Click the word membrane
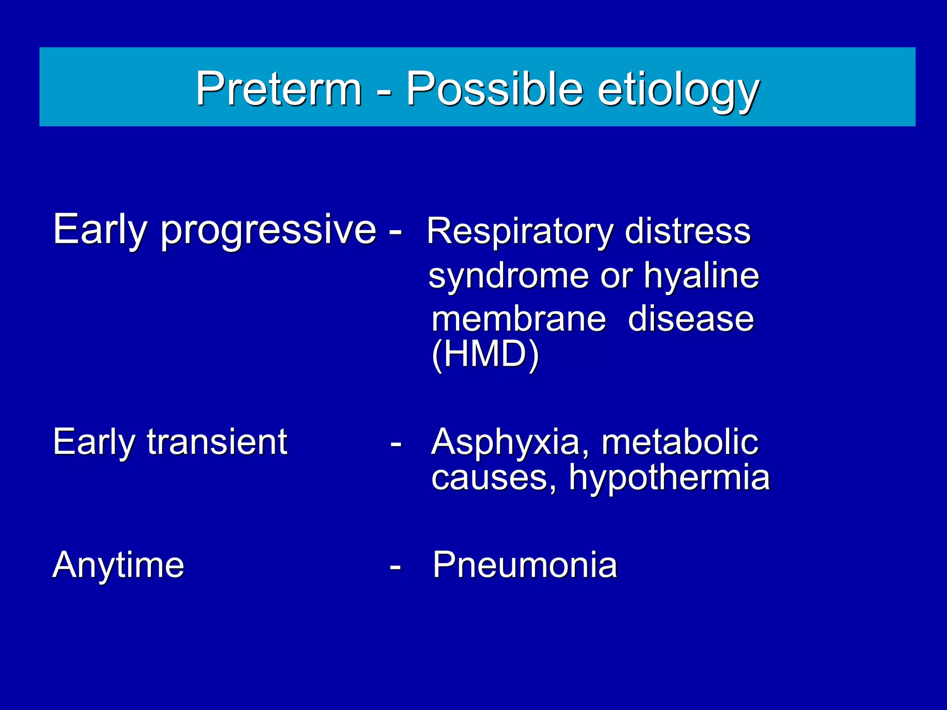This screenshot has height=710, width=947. click(x=518, y=319)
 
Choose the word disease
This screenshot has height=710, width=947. click(x=691, y=319)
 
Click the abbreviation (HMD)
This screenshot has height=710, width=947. click(x=485, y=354)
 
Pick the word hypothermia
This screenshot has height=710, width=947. click(x=669, y=478)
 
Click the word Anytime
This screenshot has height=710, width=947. click(x=118, y=565)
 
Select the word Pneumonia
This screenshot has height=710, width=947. click(x=525, y=565)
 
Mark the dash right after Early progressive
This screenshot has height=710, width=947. click(x=395, y=231)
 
